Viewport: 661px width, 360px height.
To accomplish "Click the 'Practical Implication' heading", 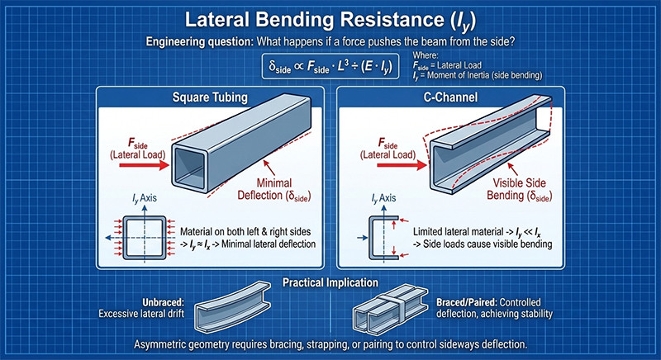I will tap(330, 282).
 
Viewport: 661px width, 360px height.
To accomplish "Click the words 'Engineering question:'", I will tap(193, 40).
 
